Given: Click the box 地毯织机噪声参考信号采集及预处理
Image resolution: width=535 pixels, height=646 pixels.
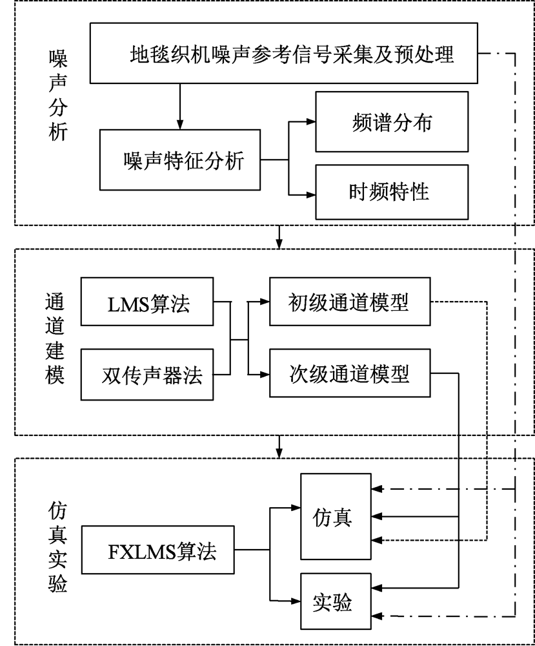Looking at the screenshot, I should click(x=284, y=55).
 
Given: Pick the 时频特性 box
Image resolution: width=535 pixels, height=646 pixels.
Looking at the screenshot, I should click(x=391, y=192).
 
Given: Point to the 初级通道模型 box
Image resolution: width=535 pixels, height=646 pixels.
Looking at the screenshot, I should click(x=348, y=302).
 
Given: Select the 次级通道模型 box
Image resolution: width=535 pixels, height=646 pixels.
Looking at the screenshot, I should click(x=348, y=374).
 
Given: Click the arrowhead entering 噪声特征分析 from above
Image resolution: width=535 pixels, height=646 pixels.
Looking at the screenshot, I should click(x=180, y=124).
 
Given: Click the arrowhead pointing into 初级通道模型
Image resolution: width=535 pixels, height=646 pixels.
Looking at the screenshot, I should click(x=264, y=302).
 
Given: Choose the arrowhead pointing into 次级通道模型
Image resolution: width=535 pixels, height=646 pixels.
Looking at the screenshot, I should click(x=264, y=374).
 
